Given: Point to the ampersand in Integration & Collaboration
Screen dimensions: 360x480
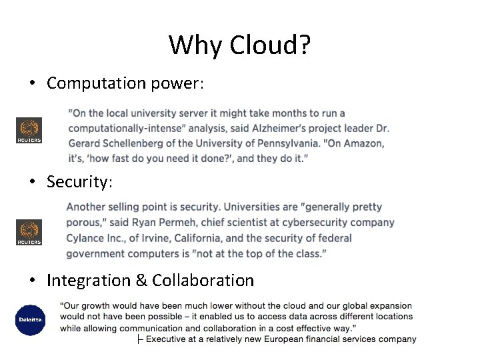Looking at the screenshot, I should tap(141, 281).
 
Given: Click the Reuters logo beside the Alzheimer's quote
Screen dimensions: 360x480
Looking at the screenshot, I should tap(29, 130).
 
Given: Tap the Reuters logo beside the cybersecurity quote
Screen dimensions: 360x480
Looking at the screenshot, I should tap(29, 232).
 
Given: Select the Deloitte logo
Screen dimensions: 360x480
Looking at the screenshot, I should tap(30, 320).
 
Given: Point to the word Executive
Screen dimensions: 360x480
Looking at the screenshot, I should tap(170, 339).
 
